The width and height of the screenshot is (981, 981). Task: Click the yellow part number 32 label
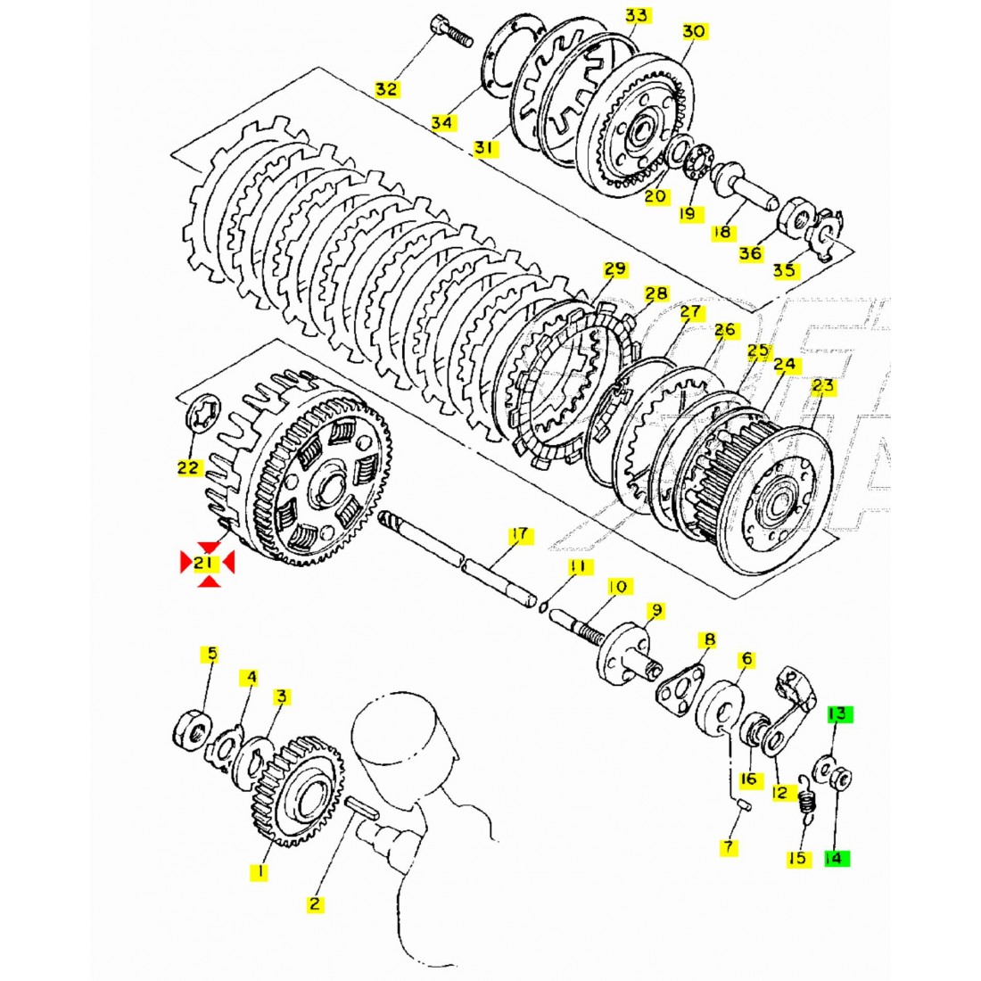pyautogui.click(x=386, y=89)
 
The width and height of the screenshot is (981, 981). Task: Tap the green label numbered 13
pyautogui.click(x=838, y=714)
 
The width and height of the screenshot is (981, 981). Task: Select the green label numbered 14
pyautogui.click(x=835, y=859)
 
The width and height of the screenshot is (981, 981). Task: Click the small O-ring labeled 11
pyautogui.click(x=545, y=606)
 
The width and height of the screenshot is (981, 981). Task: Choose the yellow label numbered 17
pyautogui.click(x=519, y=535)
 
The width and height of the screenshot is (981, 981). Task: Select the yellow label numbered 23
pyautogui.click(x=822, y=386)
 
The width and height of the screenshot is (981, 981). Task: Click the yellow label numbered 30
pyautogui.click(x=694, y=31)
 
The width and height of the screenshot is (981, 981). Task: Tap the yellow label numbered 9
pyautogui.click(x=655, y=611)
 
